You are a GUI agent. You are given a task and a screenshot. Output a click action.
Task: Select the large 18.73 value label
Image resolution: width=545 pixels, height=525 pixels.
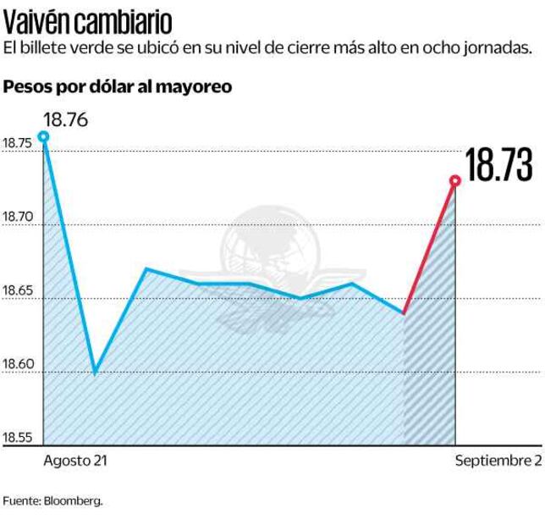(x=499, y=165)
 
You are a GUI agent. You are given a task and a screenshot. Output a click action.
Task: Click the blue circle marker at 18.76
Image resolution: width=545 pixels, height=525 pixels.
(x=43, y=136)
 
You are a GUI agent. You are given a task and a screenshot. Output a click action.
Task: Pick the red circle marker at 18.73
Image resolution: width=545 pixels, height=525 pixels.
(x=455, y=180)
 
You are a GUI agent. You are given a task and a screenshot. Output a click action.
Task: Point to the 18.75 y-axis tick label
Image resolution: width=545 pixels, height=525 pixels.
(x=18, y=144)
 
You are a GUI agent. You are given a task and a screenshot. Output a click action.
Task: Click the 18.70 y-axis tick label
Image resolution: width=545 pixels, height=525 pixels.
(x=18, y=218)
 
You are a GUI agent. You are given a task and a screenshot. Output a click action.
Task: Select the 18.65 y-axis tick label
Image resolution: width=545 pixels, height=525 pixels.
(x=18, y=291)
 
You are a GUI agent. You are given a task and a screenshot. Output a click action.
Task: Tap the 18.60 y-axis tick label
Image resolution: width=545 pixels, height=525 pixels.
(x=18, y=364)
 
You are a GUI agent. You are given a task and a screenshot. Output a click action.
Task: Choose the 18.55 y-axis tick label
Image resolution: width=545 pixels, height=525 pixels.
(x=18, y=438)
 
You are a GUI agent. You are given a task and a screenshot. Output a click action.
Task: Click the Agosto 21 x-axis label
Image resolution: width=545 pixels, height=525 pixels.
(x=75, y=461)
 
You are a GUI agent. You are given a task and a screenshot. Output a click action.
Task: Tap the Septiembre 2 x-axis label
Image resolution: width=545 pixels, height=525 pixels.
(x=498, y=461)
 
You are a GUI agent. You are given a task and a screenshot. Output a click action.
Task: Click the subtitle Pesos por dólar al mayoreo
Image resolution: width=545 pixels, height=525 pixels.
(x=118, y=87)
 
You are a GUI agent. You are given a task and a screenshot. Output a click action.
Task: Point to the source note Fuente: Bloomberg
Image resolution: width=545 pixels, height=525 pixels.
(x=52, y=500)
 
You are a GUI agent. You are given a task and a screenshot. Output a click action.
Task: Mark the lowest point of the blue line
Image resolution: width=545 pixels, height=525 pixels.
(x=95, y=373)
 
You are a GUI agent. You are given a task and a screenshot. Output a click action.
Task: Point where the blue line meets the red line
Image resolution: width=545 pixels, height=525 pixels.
(x=404, y=313)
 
